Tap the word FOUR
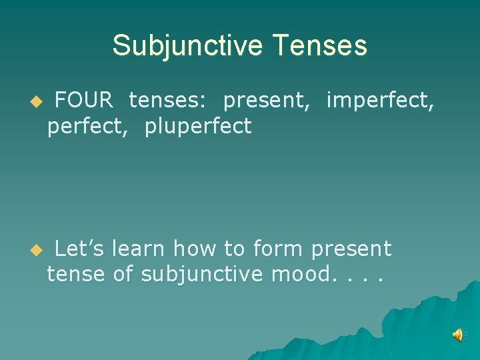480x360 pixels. coord(84,101)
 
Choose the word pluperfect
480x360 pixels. coord(198,126)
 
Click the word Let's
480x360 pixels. coord(79,249)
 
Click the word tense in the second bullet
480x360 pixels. coord(76,274)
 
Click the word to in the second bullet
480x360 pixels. coord(234,249)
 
